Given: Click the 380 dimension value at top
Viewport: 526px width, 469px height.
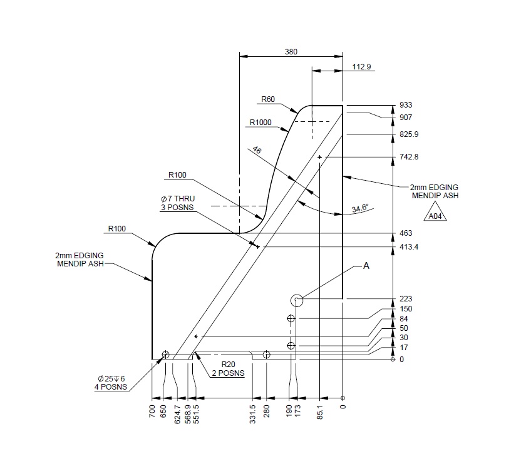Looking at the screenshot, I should click(291, 52).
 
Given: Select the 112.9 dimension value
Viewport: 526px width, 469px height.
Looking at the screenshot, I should click(362, 67).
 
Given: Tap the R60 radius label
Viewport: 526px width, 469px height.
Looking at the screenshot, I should click(268, 99).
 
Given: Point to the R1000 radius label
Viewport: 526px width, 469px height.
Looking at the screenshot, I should click(260, 123).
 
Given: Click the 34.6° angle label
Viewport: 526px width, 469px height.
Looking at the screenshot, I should click(359, 208).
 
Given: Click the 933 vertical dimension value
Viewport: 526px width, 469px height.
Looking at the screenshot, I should click(406, 105).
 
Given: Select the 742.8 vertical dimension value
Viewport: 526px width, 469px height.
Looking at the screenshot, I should click(409, 157).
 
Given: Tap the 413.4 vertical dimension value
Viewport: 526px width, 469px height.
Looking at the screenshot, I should click(409, 247).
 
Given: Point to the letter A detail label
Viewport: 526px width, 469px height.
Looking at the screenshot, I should click(366, 266).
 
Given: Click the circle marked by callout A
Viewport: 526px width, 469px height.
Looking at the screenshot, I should click(297, 300).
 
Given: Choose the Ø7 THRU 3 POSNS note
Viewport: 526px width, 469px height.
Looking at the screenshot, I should click(177, 203).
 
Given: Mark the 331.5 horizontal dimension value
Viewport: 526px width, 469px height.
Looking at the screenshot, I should click(253, 414).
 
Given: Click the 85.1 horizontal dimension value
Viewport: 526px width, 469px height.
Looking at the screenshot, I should click(320, 412).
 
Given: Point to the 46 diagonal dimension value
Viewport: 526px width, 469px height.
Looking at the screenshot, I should click(257, 151).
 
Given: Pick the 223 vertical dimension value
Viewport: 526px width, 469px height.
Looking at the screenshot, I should click(406, 299).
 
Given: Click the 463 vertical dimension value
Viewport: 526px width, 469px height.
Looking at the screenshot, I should click(406, 233).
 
